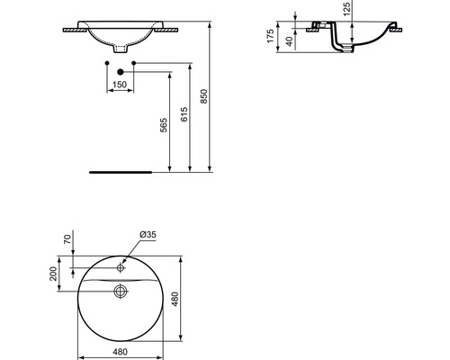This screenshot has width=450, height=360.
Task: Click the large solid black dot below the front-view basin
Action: (120, 71)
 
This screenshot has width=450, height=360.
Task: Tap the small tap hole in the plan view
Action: (120, 266)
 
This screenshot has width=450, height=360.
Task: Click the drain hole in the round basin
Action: (120, 290)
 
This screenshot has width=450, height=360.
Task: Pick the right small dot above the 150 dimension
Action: (133, 63)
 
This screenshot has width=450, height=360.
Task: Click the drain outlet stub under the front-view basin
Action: (120, 46)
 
